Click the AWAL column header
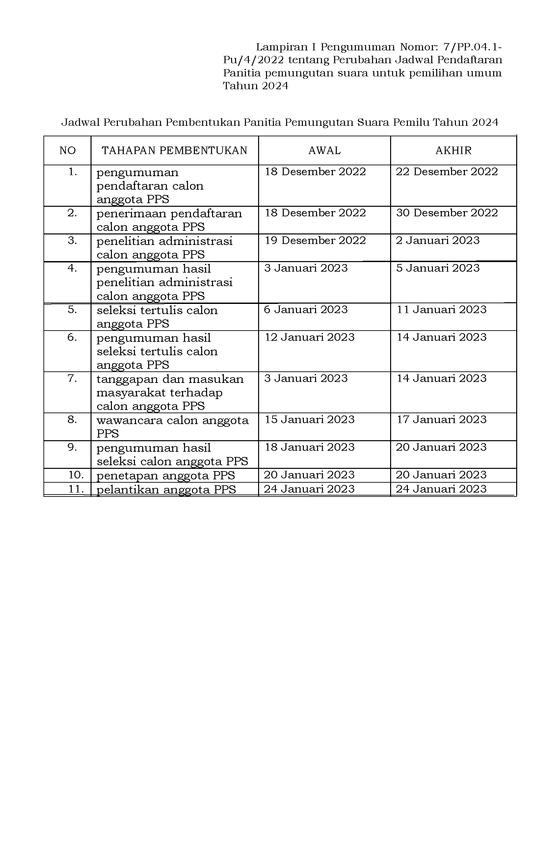[324, 150]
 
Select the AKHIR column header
[453, 150]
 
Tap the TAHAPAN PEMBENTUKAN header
[175, 150]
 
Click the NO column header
[67, 150]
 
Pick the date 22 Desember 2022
[447, 172]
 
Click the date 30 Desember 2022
[447, 213]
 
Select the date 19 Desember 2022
[315, 241]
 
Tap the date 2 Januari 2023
[438, 241]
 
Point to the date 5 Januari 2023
[438, 268]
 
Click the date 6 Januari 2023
[306, 310]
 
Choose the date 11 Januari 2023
[442, 310]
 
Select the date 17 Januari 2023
[442, 420]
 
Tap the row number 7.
[72, 379]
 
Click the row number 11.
[76, 489]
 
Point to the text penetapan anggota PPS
[166, 475]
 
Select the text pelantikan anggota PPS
[166, 489]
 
